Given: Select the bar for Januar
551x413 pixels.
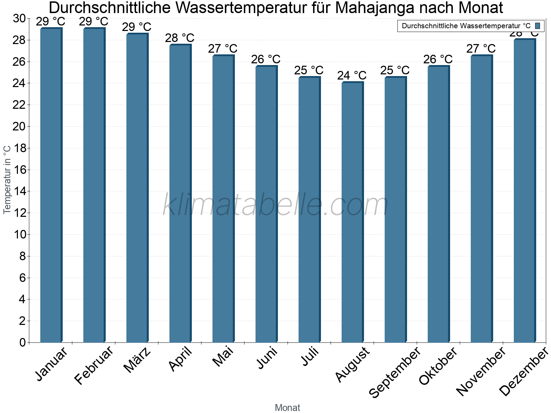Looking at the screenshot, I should pos(51,186).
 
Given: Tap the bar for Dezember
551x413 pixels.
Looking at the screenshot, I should pos(524,191).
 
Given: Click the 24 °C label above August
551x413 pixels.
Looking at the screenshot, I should pos(352,75).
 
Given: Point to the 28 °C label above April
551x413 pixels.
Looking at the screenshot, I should pos(179,38).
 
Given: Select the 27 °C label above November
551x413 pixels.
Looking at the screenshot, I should pos(481,49).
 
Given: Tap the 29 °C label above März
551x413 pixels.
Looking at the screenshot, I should pos(136,27).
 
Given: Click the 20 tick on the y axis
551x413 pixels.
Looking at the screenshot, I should pos(19,127).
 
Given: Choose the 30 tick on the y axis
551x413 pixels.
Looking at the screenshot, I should pos(19,19).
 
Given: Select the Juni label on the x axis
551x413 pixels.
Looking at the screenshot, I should pos(267,358).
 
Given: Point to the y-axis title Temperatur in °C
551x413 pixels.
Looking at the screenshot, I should pos(7,179).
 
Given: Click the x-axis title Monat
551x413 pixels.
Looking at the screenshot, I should pos(287,407).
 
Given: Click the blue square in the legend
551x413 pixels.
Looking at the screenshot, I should pos(538,26).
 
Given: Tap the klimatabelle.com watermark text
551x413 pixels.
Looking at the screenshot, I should pos(275,205).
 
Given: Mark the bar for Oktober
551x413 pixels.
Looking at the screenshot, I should pos(438,204).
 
